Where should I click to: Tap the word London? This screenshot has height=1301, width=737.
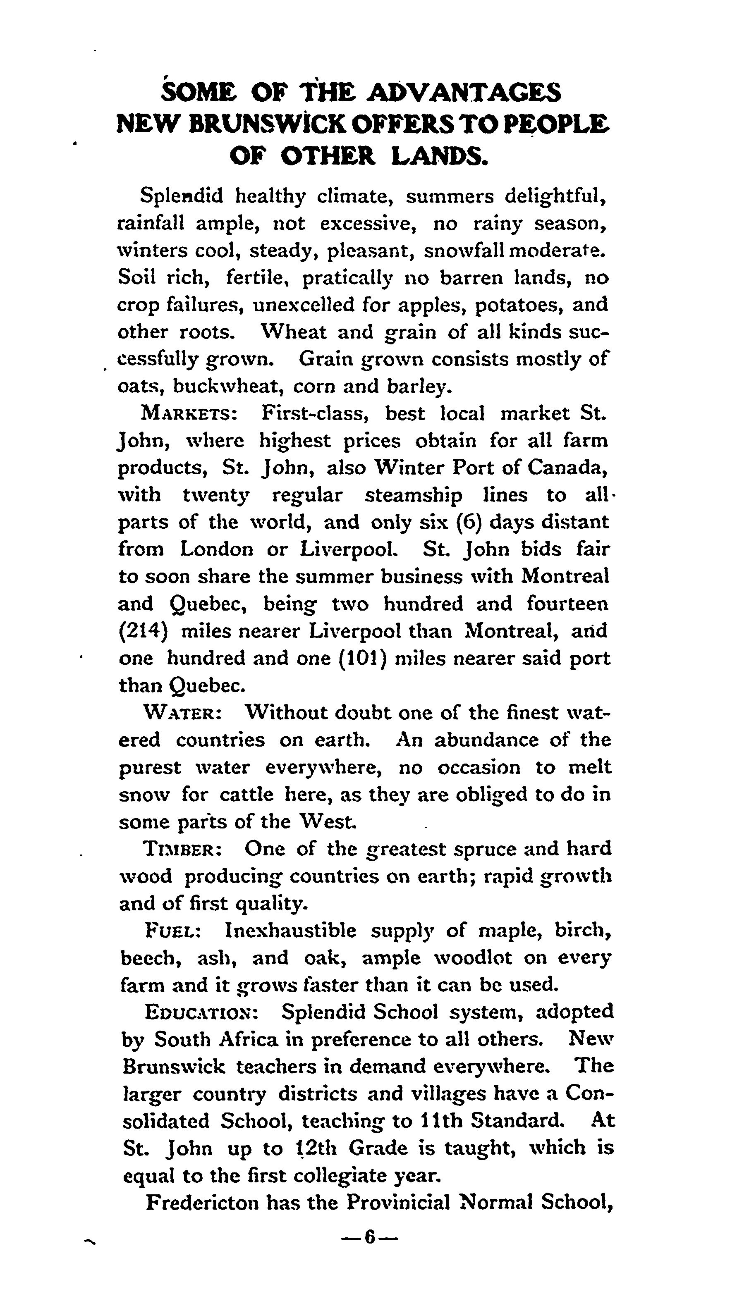pos(217,549)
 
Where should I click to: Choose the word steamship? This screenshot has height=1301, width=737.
pos(413,495)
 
